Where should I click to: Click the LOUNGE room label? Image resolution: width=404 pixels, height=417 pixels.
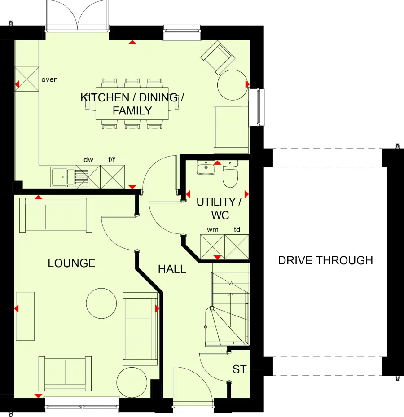click(71, 263)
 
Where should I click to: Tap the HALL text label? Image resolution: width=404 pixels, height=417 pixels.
click(172, 269)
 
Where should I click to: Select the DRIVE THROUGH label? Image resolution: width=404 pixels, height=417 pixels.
click(325, 260)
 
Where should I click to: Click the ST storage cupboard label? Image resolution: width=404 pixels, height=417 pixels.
click(240, 369)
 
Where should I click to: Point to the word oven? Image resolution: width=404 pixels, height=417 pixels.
click(49, 80)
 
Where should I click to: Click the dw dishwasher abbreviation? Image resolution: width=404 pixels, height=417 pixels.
click(88, 160)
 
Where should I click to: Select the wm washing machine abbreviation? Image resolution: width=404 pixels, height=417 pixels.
click(212, 230)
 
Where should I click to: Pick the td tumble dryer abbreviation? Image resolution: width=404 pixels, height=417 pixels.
click(237, 230)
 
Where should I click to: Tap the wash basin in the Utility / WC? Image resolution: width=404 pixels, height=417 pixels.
click(206, 168)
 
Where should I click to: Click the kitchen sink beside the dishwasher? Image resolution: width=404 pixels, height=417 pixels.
click(63, 176)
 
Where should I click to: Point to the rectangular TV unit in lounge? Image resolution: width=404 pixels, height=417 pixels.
click(25, 316)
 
